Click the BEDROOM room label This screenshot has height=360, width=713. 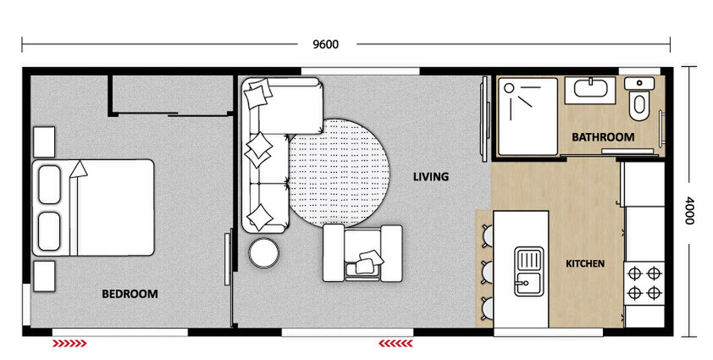130,294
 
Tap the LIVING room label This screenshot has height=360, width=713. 430,177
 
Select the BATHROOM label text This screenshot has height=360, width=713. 602,137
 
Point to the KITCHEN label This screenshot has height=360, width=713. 584,263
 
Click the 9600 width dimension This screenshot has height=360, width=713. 325,44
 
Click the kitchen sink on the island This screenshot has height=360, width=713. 527,269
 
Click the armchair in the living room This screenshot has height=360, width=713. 362,252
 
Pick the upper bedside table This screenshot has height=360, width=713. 44,141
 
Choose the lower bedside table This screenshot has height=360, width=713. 44,274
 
